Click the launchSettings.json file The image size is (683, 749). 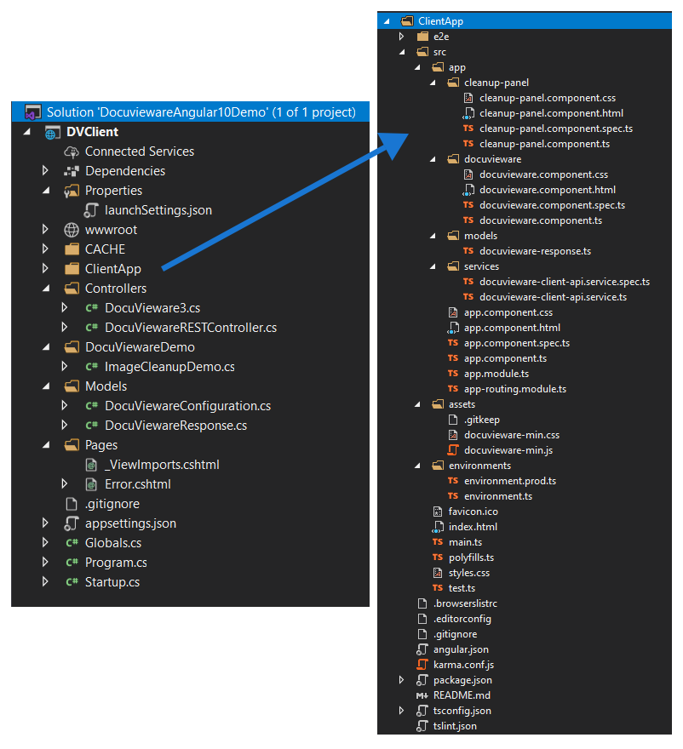point(158,210)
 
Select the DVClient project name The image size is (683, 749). point(92,132)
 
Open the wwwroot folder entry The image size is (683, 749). point(111,230)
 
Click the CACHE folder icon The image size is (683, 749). point(72,249)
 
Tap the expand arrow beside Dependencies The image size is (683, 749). point(45,170)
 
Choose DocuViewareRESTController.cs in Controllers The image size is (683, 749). point(191,328)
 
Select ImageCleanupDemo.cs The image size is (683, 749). point(169,367)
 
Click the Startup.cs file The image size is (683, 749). point(112,582)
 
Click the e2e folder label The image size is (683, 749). point(441,37)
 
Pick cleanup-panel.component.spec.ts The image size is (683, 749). point(556,129)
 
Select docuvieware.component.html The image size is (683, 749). point(548,190)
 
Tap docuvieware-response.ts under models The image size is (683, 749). point(536,251)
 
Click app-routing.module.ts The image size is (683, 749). point(515,389)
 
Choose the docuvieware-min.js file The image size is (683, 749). point(508,450)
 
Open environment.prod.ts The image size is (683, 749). point(510,481)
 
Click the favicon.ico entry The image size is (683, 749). point(474,512)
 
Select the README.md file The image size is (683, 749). point(462,695)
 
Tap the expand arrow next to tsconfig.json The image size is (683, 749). point(401,711)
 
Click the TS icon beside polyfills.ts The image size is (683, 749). point(438,557)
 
